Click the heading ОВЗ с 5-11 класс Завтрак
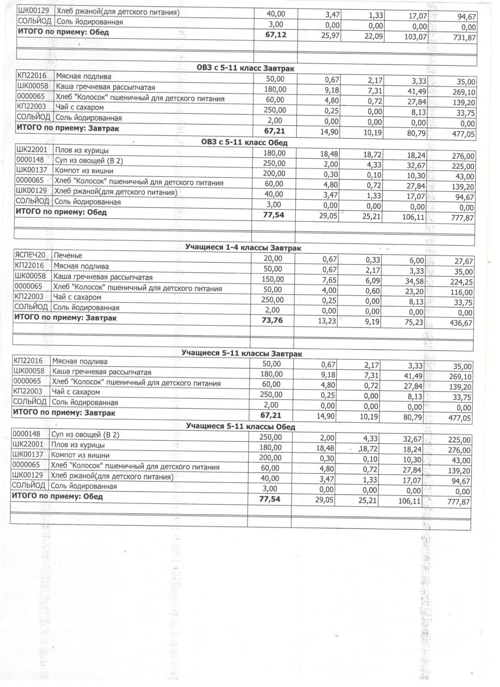(245, 68)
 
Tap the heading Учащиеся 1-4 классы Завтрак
(243, 248)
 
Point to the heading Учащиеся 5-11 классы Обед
(240, 427)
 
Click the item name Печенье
(68, 256)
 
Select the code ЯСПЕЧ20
(30, 255)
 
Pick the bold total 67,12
(276, 35)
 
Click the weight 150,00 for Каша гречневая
(272, 279)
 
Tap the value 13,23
(326, 322)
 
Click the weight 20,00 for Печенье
(273, 258)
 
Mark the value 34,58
(415, 281)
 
